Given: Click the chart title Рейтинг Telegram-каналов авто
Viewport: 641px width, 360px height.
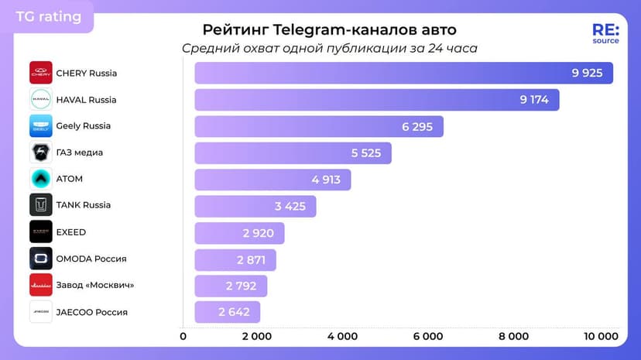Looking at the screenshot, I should click(x=329, y=29).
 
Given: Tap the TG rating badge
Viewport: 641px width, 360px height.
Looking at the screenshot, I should click(x=48, y=16).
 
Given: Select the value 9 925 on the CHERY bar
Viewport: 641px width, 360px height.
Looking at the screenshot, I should click(x=587, y=73).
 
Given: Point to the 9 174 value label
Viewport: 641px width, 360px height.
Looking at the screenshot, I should click(x=534, y=100).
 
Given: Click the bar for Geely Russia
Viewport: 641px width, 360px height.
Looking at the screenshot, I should click(x=318, y=126).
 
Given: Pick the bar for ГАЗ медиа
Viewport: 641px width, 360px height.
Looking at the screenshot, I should click(x=293, y=153).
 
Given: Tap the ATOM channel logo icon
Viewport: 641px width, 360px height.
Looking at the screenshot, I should click(x=41, y=179).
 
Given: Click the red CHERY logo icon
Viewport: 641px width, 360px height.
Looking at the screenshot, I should click(x=41, y=73).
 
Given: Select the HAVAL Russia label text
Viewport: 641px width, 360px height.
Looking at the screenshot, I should click(x=86, y=100).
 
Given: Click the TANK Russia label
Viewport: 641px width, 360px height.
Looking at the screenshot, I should click(x=84, y=205).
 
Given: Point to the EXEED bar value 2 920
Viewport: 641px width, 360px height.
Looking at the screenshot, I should click(x=259, y=232).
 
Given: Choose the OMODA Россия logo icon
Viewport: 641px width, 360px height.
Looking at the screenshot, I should click(x=41, y=259).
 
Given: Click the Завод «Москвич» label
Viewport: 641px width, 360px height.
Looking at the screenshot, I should click(x=95, y=285).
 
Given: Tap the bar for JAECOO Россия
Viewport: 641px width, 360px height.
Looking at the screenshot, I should click(x=227, y=312).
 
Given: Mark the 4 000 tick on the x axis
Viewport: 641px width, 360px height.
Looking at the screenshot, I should click(x=342, y=336).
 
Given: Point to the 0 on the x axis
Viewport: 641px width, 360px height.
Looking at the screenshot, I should click(x=183, y=336).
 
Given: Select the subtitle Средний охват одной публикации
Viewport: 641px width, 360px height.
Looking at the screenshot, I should click(x=329, y=48).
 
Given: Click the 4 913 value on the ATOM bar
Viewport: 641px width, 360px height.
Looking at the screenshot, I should click(x=326, y=179).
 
